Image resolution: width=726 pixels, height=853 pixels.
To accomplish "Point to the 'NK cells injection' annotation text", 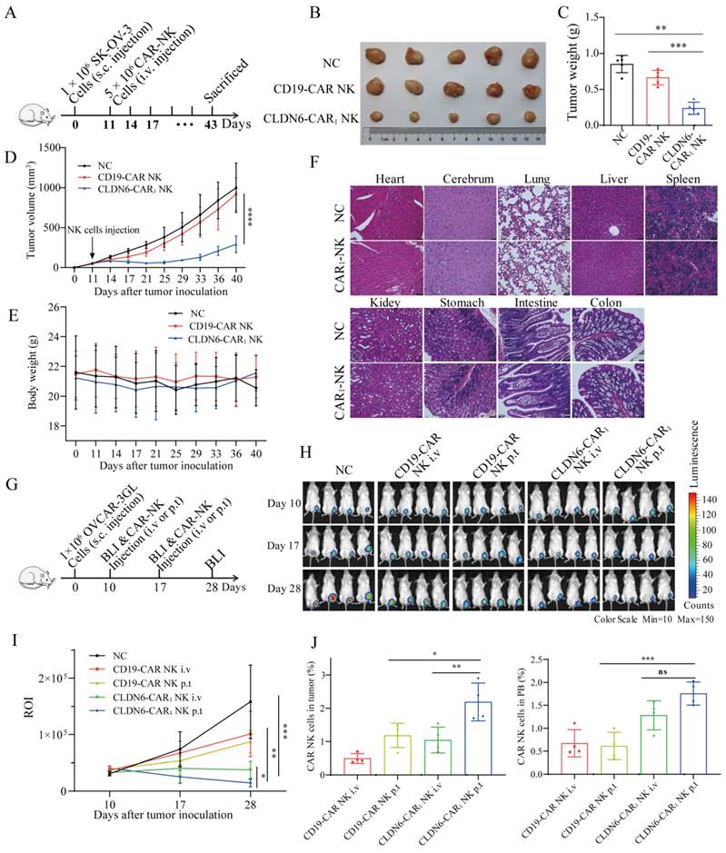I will tap(100, 226).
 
